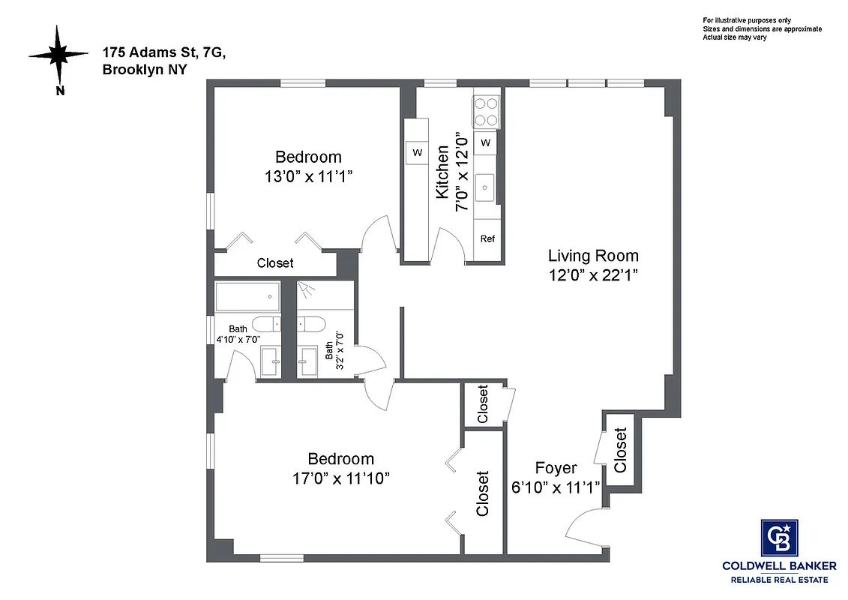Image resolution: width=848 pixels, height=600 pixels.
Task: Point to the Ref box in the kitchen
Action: (x=487, y=239)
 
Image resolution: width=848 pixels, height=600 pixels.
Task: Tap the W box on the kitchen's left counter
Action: (x=417, y=153)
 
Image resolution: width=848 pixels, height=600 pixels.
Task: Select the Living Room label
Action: (x=593, y=255)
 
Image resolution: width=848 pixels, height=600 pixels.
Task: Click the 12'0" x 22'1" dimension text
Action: (x=593, y=274)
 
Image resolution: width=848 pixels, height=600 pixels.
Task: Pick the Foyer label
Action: (x=556, y=469)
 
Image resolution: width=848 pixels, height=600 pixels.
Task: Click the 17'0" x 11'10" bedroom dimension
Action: (x=341, y=478)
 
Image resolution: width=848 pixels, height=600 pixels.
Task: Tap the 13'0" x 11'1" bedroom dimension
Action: (x=308, y=176)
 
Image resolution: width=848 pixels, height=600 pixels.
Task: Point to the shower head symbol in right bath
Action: (x=305, y=288)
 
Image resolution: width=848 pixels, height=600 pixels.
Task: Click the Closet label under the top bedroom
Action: (x=275, y=263)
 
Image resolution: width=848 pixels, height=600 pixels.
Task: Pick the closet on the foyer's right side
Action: (x=620, y=450)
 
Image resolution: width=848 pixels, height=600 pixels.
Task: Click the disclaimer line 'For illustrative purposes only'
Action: (x=746, y=20)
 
